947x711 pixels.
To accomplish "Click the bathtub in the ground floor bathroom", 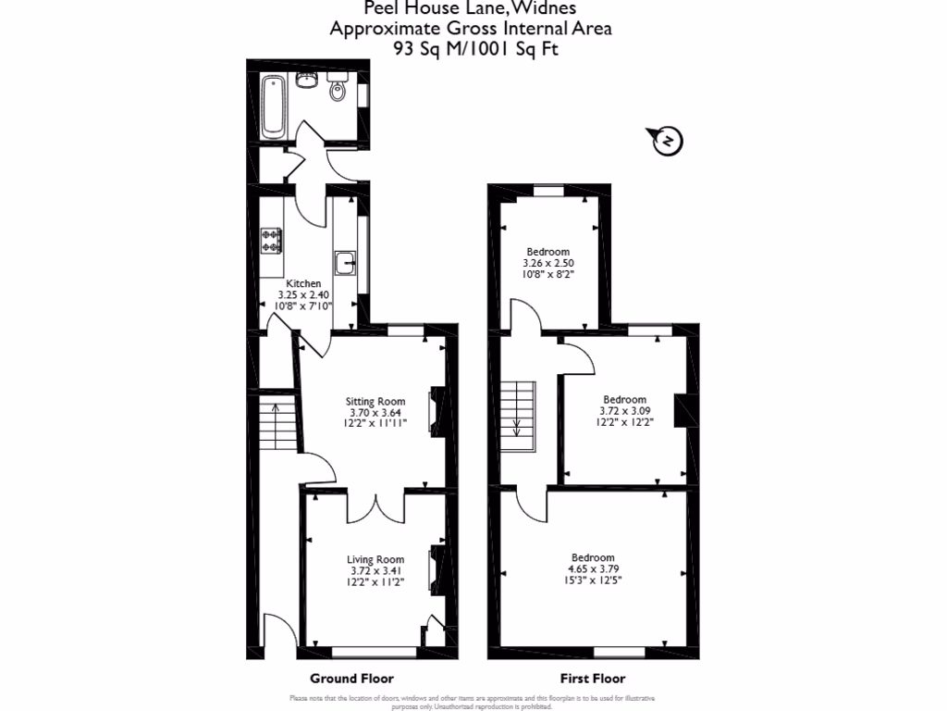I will [x=273, y=107].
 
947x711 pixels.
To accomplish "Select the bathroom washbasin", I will [x=307, y=81].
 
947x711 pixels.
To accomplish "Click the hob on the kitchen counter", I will [x=272, y=241].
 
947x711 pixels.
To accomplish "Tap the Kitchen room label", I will [x=303, y=283].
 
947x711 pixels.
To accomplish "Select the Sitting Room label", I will [x=370, y=402].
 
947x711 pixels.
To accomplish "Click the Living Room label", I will [x=375, y=559].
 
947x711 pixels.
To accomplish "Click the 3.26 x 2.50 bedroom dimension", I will [x=548, y=263].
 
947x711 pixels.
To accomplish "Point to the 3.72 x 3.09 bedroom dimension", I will [x=625, y=411].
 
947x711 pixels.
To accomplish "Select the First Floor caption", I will [x=593, y=678].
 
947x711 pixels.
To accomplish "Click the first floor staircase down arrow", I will [x=517, y=428].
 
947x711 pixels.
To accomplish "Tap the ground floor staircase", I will [x=277, y=426].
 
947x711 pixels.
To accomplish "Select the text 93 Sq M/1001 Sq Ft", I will [x=472, y=48].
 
